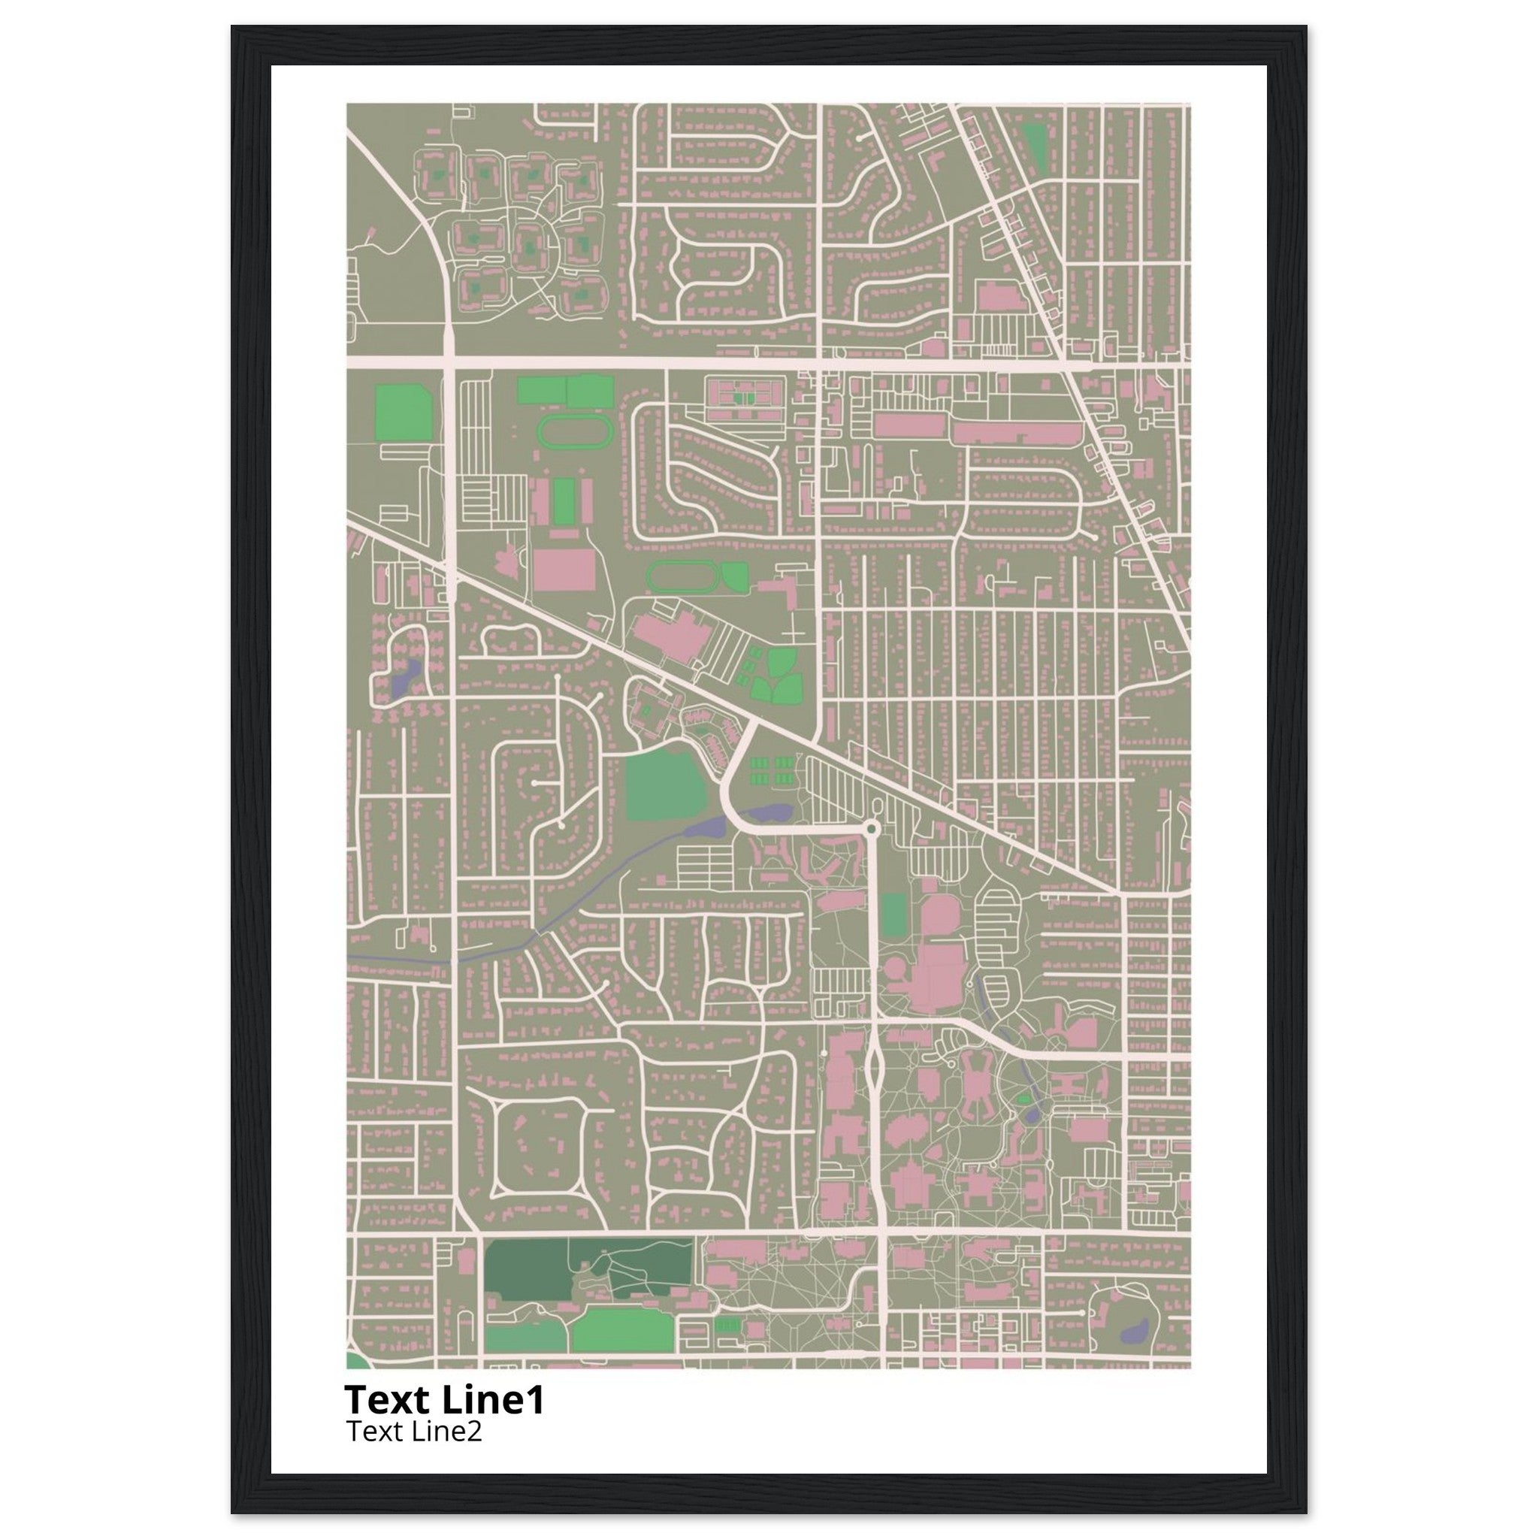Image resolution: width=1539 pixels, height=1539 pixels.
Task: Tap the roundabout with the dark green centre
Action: (872, 830)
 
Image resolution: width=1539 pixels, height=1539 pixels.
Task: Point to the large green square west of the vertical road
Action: (403, 413)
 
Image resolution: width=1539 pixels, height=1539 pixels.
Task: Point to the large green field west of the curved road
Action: (665, 785)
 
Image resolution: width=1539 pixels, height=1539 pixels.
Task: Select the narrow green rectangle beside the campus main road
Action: (893, 915)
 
